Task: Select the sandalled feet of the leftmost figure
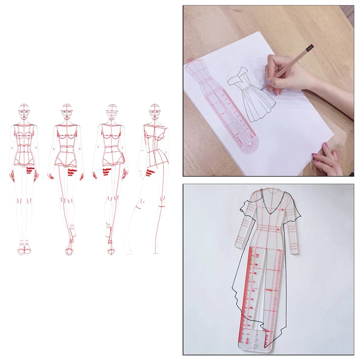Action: [22, 247]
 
